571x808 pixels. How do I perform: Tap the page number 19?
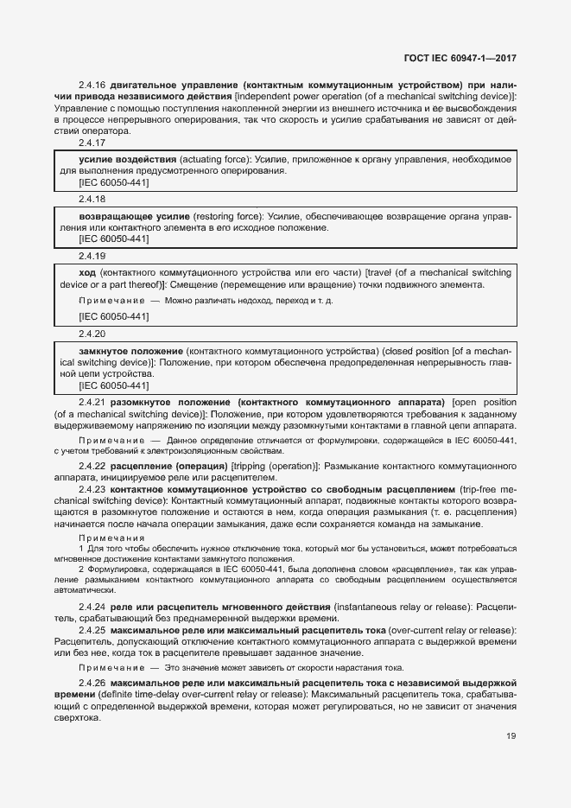(511, 736)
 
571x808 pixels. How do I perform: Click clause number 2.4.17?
(92, 143)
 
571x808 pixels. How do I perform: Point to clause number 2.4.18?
(92, 198)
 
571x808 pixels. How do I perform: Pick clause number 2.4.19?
(92, 256)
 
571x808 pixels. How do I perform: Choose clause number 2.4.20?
(92, 333)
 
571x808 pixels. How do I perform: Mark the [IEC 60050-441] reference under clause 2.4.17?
(113, 182)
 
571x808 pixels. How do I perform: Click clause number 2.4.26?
(92, 683)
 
